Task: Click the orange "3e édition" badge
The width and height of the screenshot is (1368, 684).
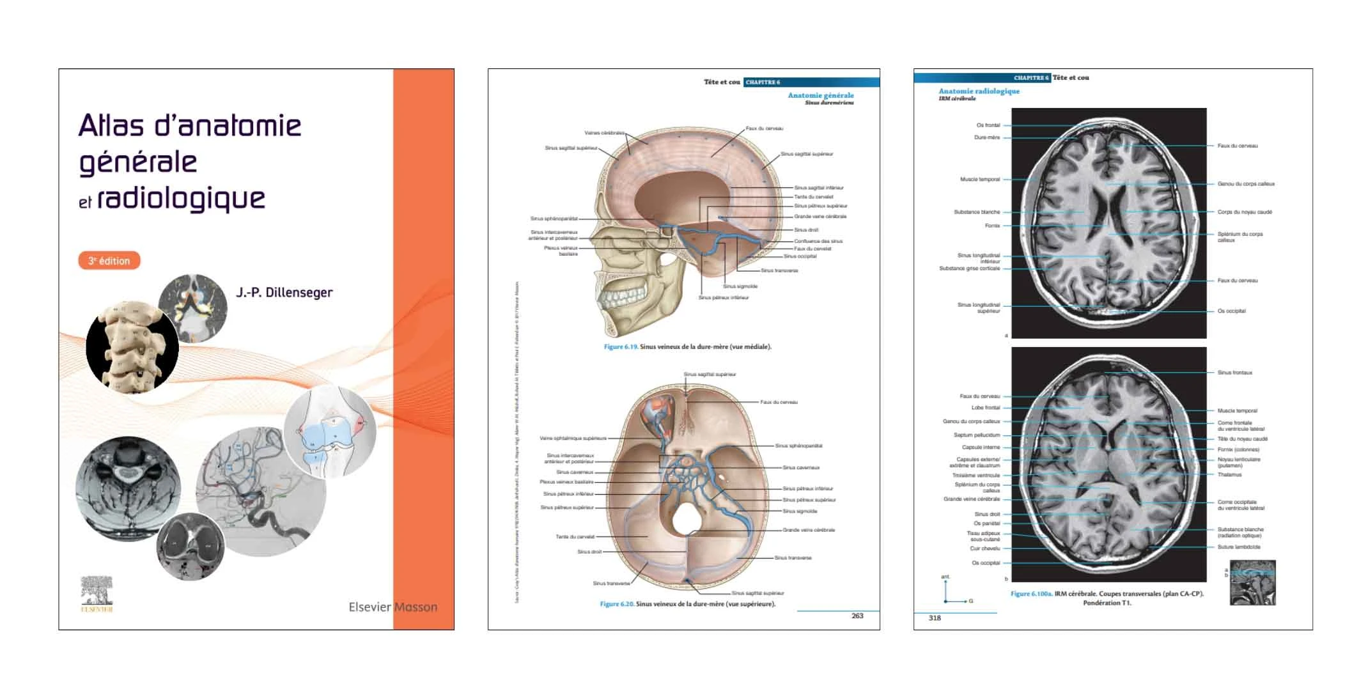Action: click(109, 261)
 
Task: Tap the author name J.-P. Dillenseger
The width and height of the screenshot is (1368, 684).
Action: click(284, 293)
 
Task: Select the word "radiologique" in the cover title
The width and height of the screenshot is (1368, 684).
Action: click(181, 199)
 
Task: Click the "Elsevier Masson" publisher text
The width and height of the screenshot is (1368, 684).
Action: click(393, 607)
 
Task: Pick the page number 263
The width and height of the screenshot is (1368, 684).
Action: click(857, 616)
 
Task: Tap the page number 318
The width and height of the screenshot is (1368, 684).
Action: click(935, 618)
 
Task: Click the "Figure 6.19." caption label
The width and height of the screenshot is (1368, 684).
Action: click(621, 347)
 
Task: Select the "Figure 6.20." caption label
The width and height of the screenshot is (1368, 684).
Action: click(617, 604)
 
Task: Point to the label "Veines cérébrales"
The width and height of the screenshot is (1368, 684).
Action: click(604, 133)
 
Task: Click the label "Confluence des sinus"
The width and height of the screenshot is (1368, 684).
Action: click(818, 241)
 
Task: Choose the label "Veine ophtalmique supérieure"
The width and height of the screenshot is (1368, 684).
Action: click(573, 439)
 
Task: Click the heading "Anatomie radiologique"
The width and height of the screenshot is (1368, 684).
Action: click(979, 91)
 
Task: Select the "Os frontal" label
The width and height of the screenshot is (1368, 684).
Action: click(988, 125)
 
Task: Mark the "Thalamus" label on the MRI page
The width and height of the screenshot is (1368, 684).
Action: click(1229, 474)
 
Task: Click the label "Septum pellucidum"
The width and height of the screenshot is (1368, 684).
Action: click(977, 435)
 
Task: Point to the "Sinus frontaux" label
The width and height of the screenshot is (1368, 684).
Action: click(1234, 373)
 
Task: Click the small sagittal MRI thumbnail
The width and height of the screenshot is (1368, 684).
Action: click(1252, 582)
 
